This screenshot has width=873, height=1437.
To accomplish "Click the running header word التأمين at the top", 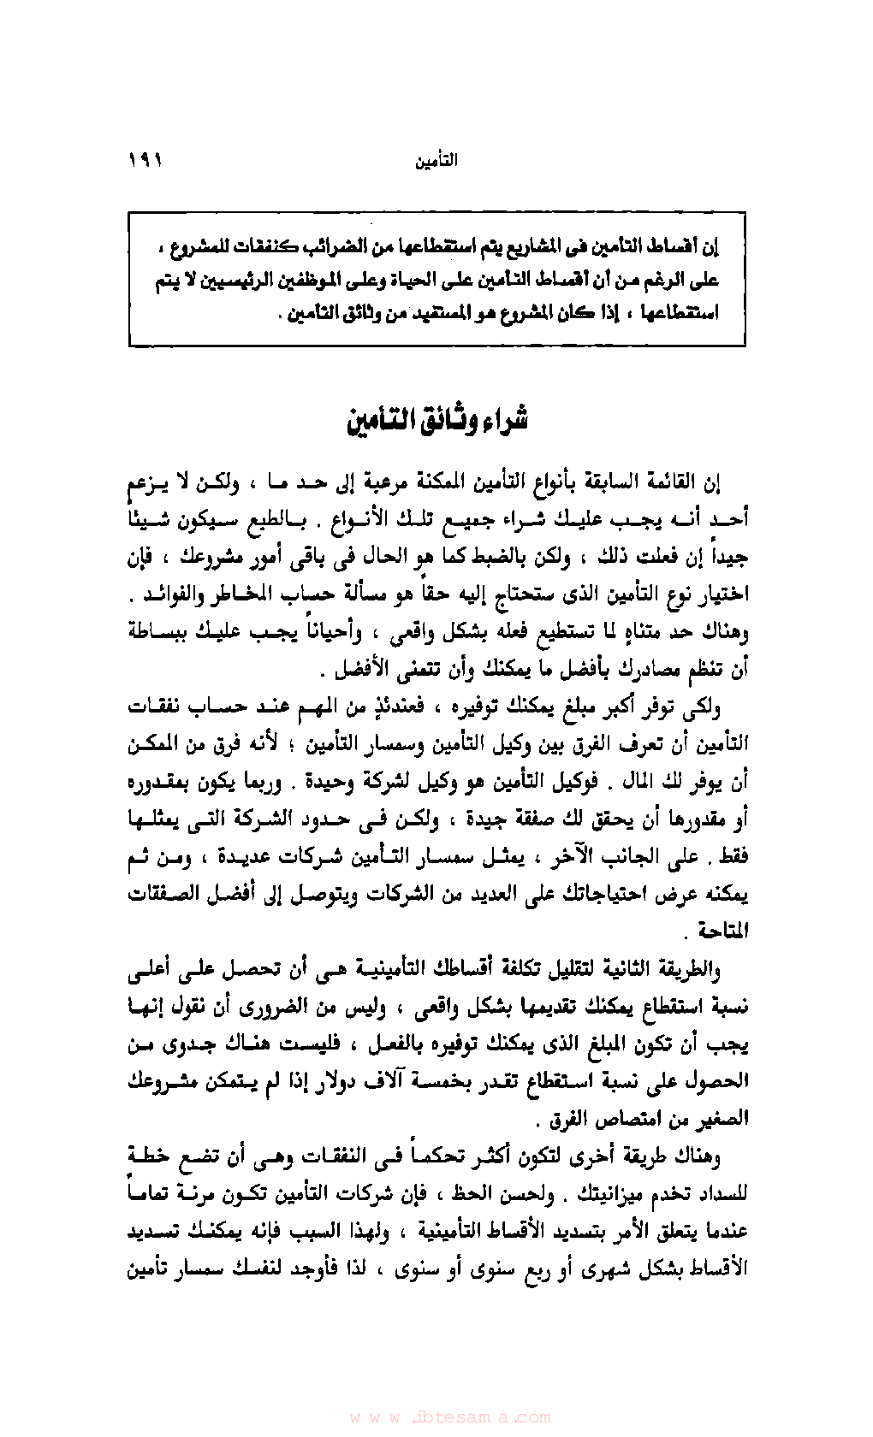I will [x=436, y=161].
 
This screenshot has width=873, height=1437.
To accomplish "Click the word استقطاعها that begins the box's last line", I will [x=680, y=313].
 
